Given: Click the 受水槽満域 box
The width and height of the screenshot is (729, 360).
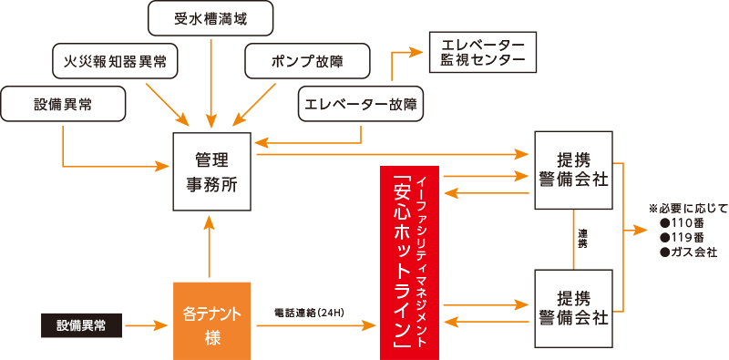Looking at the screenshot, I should coord(210,16).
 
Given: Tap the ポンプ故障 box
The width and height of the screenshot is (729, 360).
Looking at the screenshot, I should coord(308,61).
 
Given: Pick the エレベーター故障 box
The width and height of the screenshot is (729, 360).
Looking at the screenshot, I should coord(362,104).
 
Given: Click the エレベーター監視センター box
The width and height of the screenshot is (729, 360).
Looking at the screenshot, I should coord(483,52).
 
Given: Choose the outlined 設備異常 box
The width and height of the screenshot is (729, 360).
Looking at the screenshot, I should coord(63,104).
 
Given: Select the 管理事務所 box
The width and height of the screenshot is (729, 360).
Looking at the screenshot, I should coord(210,172).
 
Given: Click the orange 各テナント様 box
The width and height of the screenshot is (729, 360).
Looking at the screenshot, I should coord(211,321).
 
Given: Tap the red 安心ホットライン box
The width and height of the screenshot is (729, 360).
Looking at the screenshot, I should coord(409,262).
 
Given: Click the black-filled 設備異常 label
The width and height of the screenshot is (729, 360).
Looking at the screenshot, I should coord(82,324).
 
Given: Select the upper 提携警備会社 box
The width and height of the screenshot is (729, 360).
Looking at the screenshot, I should coord(573,171).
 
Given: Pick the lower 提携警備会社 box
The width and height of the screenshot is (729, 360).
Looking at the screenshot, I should coord(573,306).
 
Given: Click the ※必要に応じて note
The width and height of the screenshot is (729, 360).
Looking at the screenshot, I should coord(688,208).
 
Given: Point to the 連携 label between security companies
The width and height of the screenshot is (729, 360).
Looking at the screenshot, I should coord(582,240).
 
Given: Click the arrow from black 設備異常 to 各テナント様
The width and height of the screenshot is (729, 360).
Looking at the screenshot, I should coord(147,324).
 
